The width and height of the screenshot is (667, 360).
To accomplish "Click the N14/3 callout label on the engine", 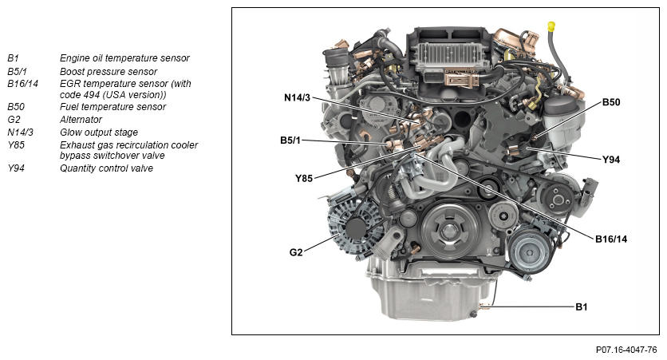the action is [x=297, y=98].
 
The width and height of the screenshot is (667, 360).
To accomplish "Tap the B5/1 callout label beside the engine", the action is [x=290, y=140].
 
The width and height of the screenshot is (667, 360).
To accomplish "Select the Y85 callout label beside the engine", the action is [x=304, y=178].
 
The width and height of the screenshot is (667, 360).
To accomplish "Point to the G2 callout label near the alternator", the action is [x=296, y=252].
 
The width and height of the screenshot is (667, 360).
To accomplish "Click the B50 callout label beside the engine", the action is [x=611, y=102].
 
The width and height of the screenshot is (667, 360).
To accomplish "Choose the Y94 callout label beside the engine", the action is [x=611, y=160].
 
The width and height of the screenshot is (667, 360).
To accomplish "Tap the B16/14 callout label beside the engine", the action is [x=611, y=239].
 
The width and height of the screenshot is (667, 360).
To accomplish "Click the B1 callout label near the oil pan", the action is [x=581, y=307].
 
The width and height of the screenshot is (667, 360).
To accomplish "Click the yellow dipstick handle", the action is [x=552, y=26].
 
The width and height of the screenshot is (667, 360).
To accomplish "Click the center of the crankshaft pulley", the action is [x=448, y=231].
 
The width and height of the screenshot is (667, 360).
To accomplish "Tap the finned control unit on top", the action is [x=448, y=57].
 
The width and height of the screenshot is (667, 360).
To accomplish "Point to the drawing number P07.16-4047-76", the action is [x=626, y=350].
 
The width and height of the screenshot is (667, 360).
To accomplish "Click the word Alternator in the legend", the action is [x=81, y=120].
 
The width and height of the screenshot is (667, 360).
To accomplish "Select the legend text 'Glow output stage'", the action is [x=99, y=133].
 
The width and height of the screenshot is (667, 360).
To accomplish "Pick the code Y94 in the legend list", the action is [x=16, y=168].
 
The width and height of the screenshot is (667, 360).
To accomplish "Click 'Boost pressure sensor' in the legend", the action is [x=109, y=72].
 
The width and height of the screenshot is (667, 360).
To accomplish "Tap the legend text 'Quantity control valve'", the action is [x=106, y=168].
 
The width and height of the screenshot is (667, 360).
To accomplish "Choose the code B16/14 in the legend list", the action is [x=22, y=84].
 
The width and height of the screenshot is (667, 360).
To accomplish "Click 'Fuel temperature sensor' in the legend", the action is [x=112, y=107].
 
